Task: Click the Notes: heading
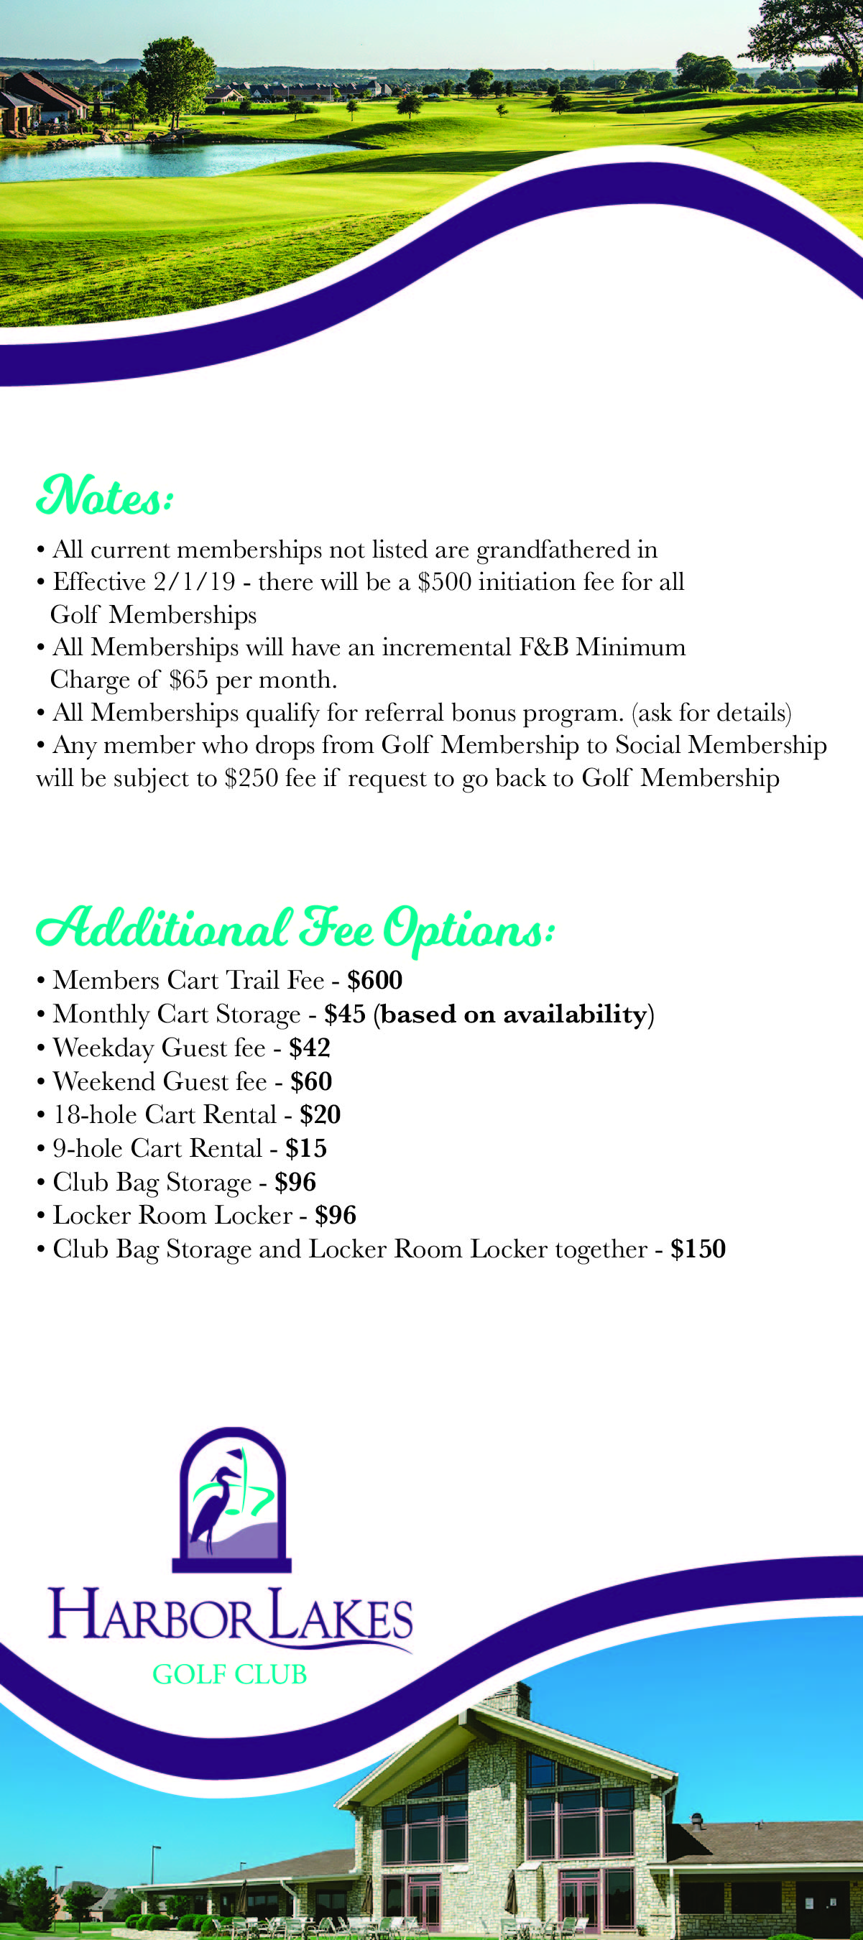[x=105, y=497]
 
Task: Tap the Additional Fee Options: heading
[x=295, y=928]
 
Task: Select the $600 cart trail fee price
[x=374, y=980]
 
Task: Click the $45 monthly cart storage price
[x=344, y=1014]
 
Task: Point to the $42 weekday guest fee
[x=310, y=1048]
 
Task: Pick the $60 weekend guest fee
[x=311, y=1081]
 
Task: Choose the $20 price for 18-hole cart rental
[x=320, y=1114]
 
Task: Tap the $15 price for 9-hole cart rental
[x=305, y=1148]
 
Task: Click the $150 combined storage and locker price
[x=698, y=1250]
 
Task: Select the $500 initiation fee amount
[x=444, y=582]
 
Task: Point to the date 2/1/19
[x=194, y=582]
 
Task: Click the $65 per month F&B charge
[x=188, y=680]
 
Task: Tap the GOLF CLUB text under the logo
[x=230, y=1674]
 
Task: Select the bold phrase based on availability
[x=514, y=1015]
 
